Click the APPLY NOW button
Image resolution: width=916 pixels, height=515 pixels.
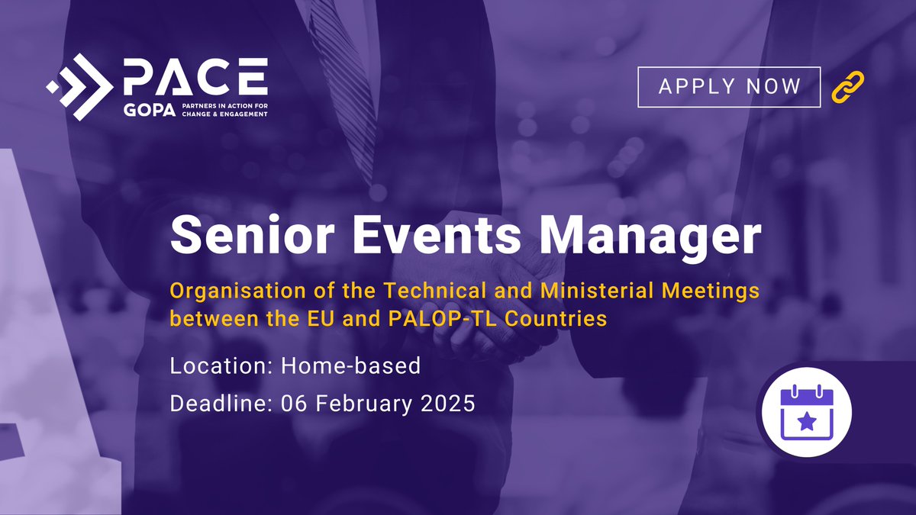[x=729, y=86]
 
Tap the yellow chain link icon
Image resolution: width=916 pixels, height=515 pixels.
[x=848, y=87]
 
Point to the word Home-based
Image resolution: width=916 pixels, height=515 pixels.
[x=350, y=365]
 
